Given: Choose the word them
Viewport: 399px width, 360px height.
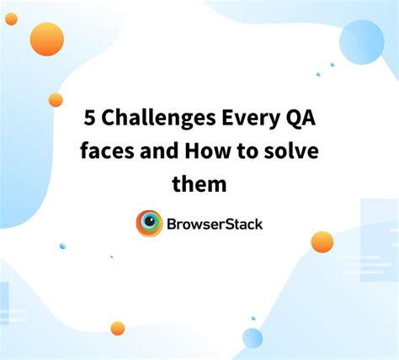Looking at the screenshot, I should (199, 183).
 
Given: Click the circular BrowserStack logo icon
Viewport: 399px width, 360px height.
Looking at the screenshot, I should (150, 224).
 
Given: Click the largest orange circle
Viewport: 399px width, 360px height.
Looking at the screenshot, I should (47, 39).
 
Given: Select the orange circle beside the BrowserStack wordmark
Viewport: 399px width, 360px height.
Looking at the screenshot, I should (322, 242).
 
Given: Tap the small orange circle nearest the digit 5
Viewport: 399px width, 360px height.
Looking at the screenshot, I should (56, 100).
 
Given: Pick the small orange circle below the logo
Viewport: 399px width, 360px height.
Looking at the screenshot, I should (118, 328).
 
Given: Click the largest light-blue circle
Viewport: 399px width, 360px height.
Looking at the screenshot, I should (361, 41).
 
